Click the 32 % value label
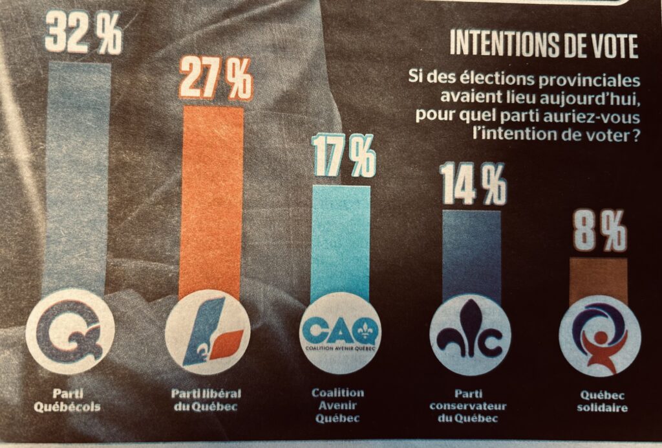(x=83, y=37)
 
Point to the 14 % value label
(x=473, y=185)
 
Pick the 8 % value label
(x=599, y=234)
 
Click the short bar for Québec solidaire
(x=598, y=278)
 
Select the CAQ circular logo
(x=341, y=334)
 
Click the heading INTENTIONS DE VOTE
(x=543, y=46)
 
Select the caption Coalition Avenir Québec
(x=338, y=405)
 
